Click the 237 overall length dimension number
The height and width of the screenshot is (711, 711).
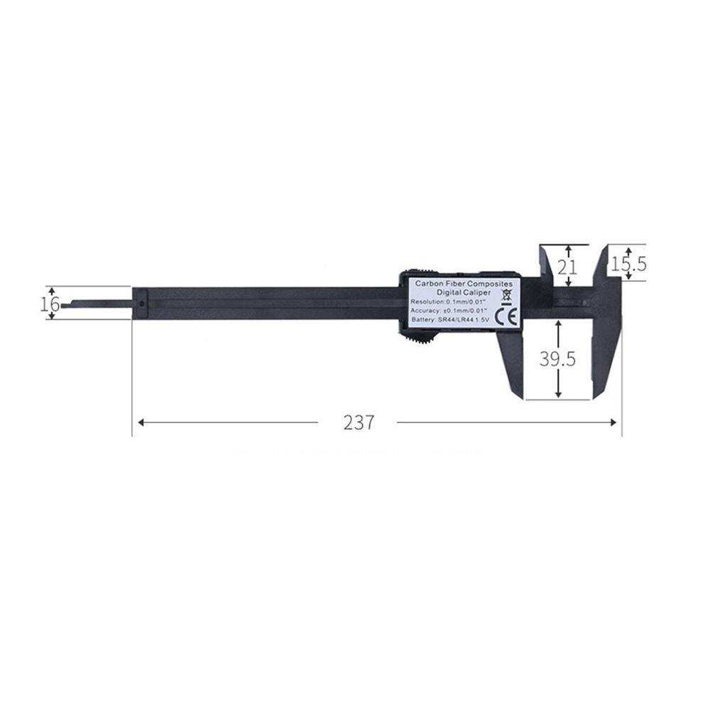(x=358, y=422)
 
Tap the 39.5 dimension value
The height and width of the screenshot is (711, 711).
(x=556, y=359)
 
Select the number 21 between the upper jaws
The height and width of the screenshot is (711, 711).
(x=566, y=267)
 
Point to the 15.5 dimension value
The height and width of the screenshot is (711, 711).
(x=629, y=264)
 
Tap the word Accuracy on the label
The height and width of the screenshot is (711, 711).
(x=426, y=311)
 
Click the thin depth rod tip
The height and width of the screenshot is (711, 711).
(x=66, y=306)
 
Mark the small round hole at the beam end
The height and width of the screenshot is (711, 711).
(x=142, y=304)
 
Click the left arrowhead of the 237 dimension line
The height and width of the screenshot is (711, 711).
(x=141, y=422)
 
